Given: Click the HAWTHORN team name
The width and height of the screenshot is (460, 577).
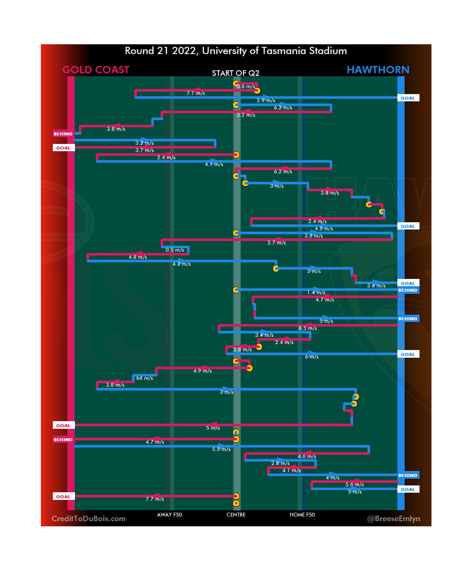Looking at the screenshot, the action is [x=378, y=70].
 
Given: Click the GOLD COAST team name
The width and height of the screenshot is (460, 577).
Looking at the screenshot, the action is [x=96, y=70].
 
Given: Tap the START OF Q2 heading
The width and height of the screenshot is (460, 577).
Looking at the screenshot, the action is [x=236, y=73].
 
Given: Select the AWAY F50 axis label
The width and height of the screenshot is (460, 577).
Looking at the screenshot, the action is [x=169, y=515].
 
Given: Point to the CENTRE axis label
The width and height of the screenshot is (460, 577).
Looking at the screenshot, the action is [x=236, y=515].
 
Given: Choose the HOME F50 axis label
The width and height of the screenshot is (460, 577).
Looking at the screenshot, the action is [x=302, y=515].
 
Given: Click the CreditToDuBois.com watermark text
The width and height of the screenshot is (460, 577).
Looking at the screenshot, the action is [x=89, y=519].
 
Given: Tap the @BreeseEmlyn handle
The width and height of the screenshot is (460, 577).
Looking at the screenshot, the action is [x=394, y=519].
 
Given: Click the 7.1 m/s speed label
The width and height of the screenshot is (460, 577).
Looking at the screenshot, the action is [x=195, y=93].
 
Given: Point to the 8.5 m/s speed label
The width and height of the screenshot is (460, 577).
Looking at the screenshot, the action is [x=308, y=328].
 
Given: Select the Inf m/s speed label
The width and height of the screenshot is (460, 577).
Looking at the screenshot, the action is [x=144, y=378].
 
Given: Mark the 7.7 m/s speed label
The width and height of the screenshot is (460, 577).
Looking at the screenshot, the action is [x=155, y=499].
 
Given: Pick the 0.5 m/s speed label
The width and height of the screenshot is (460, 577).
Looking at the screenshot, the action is [x=175, y=250].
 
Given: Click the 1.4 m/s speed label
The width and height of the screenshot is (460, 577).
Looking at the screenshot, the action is [x=316, y=293].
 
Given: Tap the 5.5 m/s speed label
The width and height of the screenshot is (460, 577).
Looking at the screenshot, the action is [x=221, y=449].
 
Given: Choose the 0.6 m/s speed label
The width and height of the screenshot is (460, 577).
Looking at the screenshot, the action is [x=246, y=86].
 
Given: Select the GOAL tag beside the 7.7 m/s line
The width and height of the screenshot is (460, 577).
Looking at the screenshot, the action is [x=63, y=497].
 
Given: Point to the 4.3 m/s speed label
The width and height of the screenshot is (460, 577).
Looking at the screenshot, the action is [x=181, y=264].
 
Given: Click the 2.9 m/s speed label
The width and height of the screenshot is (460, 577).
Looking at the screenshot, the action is [x=266, y=100].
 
